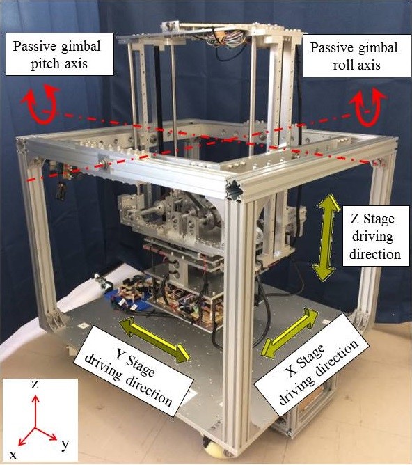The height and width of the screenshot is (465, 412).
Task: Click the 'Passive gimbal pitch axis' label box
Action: click(x=60, y=54)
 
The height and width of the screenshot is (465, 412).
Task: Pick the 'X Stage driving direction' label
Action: click(x=312, y=365)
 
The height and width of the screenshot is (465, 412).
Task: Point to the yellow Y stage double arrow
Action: click(x=154, y=340)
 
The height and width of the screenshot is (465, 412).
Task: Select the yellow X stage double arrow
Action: click(x=290, y=333)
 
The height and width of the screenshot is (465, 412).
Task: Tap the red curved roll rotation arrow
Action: click(x=367, y=107)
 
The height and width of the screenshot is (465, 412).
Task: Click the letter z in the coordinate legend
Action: click(x=35, y=384)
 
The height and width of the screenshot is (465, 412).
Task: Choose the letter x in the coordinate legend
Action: click(x=13, y=455)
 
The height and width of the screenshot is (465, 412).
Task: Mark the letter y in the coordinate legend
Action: click(x=65, y=446)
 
